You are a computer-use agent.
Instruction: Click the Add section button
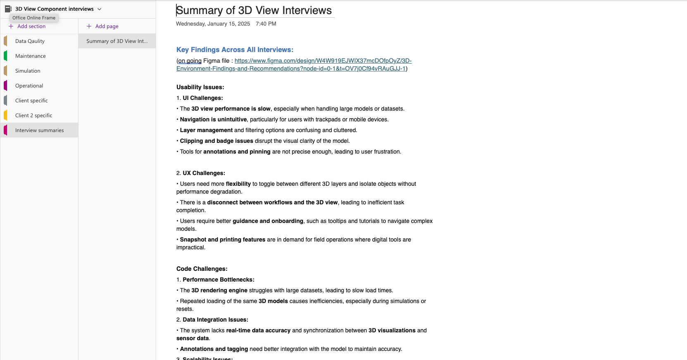[27, 26]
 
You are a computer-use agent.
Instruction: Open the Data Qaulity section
[30, 41]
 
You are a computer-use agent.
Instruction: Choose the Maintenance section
[30, 56]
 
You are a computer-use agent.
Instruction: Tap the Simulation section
[28, 71]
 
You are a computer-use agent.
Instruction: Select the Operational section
[29, 86]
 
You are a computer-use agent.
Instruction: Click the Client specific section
[31, 101]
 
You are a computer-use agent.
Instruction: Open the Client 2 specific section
[33, 116]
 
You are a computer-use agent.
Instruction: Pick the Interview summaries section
[39, 130]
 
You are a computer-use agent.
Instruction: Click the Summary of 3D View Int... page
[116, 41]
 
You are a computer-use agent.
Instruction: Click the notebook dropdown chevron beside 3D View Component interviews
[100, 9]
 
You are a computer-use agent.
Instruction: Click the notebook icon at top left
[8, 9]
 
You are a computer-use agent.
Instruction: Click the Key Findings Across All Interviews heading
[235, 50]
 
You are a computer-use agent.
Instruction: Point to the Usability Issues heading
[200, 87]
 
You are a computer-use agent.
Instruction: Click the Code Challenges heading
[202, 269]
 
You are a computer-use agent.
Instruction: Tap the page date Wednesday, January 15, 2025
[213, 24]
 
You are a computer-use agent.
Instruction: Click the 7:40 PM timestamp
[266, 24]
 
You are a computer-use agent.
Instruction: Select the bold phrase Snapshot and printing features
[222, 239]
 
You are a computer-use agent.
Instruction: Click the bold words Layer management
[206, 130]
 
